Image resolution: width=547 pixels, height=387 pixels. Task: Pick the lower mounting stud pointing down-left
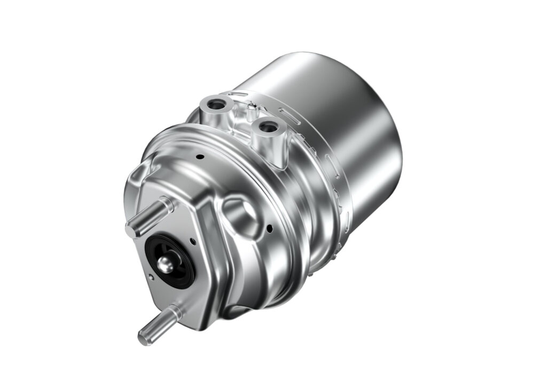pyautogui.click(x=158, y=323)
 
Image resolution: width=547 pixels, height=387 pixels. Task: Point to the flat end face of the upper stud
pyautogui.click(x=130, y=229)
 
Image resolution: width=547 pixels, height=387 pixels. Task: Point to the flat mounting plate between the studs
pyautogui.click(x=184, y=299)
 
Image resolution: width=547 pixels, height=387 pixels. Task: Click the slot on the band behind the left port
pyautogui.click(x=239, y=95)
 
